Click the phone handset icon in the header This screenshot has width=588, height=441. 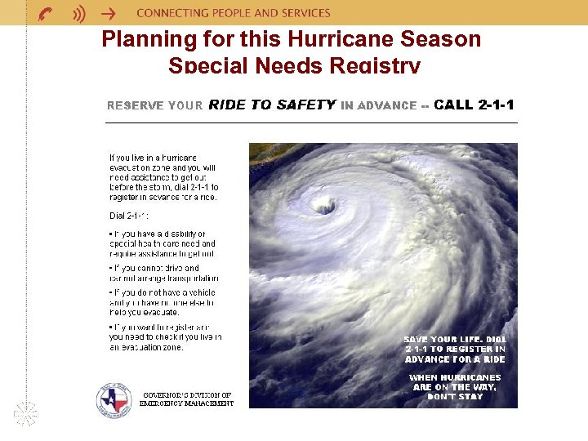point(47,13)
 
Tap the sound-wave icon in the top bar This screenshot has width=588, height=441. point(79,13)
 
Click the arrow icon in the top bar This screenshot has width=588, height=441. point(108,13)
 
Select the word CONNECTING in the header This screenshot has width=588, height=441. point(169,13)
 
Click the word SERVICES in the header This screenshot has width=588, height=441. point(305,13)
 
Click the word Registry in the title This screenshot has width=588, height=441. point(376,65)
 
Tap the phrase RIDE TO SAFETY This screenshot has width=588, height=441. point(272,105)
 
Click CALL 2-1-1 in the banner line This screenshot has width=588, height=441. point(474,105)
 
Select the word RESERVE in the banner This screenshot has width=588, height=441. point(135,105)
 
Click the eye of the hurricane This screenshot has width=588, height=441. point(324,206)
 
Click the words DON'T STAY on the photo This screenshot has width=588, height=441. point(455,397)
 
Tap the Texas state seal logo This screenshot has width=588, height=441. point(114,398)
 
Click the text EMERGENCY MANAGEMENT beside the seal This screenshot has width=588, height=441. point(186,403)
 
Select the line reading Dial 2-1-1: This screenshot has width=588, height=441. point(129,216)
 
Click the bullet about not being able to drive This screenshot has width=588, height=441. point(163,273)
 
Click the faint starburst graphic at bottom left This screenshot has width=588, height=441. point(26,413)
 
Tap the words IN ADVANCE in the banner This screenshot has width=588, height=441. point(378,105)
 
